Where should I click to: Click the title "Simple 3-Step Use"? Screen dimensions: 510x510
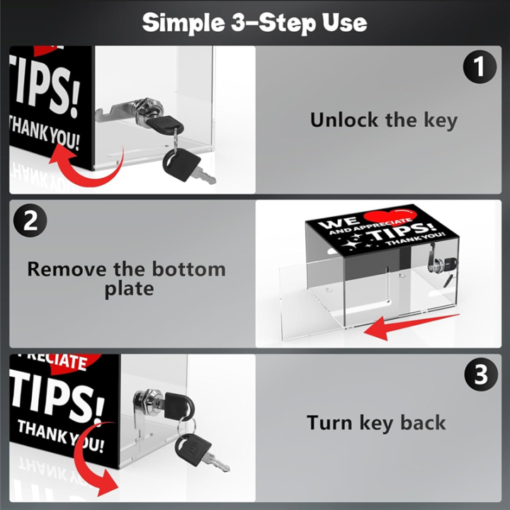255,23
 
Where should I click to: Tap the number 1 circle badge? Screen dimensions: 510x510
480,67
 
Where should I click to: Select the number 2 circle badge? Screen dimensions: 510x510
30,221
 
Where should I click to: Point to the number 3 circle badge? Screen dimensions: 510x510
481,375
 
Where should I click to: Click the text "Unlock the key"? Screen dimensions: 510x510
384,120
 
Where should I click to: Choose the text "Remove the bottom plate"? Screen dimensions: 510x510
127,279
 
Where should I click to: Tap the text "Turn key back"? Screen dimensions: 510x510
376,423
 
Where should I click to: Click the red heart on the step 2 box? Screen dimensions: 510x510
390,217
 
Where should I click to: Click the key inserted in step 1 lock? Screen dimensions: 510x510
164,124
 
